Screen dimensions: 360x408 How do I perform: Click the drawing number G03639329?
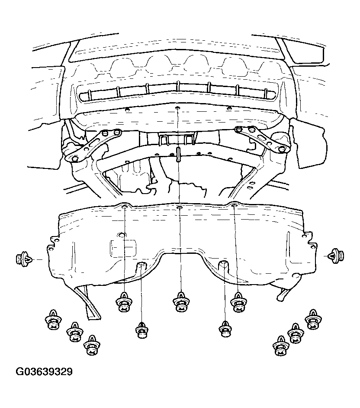[x=44, y=372]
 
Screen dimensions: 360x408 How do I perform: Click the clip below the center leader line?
[x=181, y=302]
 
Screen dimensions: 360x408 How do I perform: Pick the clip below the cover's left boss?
[x=142, y=330]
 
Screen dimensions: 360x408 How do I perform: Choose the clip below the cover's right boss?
[x=225, y=329]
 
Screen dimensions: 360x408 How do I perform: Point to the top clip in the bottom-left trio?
[x=53, y=320]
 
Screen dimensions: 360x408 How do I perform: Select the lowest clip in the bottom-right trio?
[x=281, y=346]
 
